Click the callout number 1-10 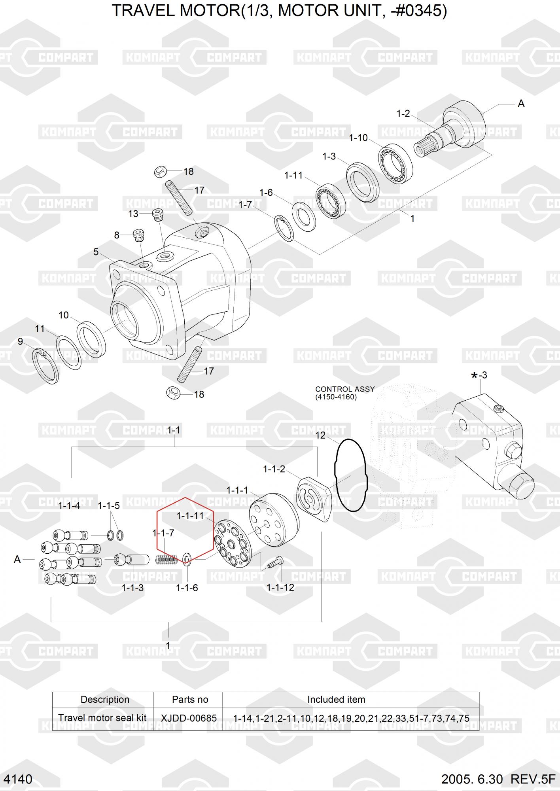point(358,138)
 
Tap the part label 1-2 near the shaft point(403,114)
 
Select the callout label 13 point(133,214)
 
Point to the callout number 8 point(117,235)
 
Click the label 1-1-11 point(190,516)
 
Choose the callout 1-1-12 point(280,587)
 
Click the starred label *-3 point(479,375)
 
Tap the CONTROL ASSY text point(345,389)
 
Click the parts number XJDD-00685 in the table point(189,718)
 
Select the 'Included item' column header point(336,699)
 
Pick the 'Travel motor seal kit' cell point(102,718)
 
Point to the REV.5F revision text point(533,779)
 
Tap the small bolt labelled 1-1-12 point(276,562)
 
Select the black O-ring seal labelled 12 point(335,475)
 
